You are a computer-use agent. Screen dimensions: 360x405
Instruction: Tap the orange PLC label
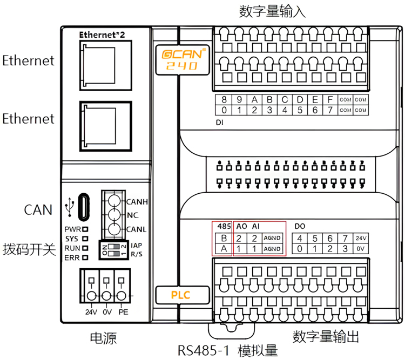click(181, 295)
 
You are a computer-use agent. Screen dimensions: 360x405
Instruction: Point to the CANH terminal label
click(137, 202)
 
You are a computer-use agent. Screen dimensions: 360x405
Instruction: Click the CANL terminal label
click(137, 230)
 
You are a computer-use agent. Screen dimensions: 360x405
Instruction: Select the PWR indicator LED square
click(85, 229)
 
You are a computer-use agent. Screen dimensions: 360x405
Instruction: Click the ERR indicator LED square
click(85, 257)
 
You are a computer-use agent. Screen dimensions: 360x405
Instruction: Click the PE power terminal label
click(123, 311)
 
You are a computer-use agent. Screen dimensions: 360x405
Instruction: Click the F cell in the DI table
click(329, 100)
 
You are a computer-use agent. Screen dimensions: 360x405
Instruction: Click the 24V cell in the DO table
click(361, 238)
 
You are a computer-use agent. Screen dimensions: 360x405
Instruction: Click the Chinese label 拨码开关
click(30, 250)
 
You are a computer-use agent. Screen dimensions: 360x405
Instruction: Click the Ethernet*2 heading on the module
click(102, 34)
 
